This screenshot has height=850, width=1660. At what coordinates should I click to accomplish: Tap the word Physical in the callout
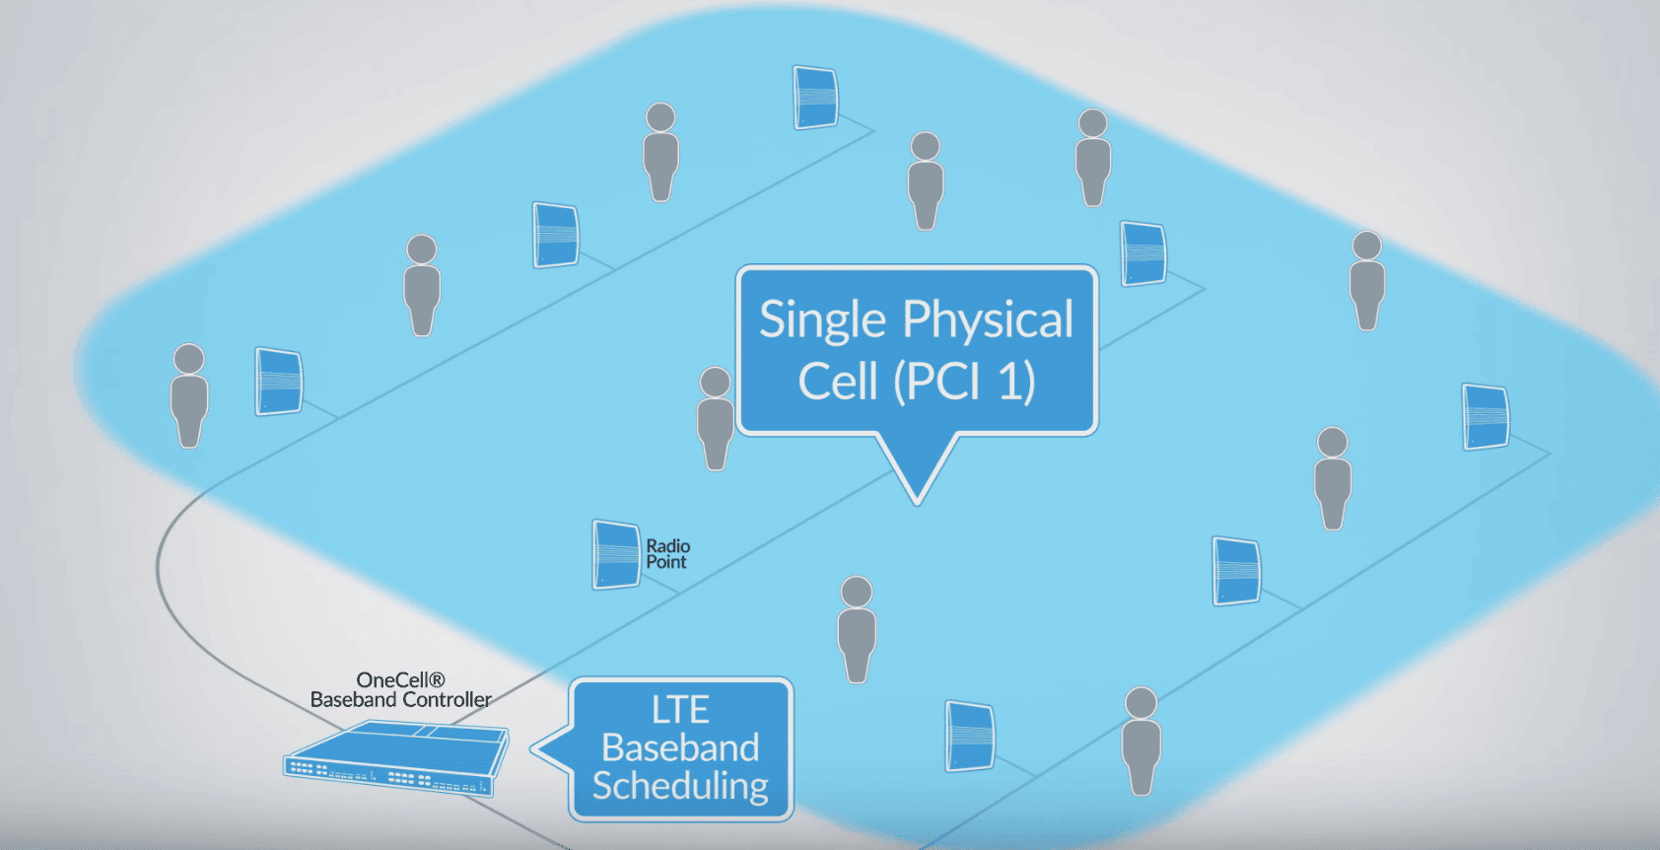[x=988, y=320]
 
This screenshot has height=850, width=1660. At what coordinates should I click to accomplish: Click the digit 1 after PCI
[x=1012, y=381]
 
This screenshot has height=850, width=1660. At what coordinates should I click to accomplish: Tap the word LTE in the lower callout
[x=680, y=709]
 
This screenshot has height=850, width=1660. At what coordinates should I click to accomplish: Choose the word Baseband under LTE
[x=680, y=747]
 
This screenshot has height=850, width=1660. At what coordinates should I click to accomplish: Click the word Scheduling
[x=680, y=786]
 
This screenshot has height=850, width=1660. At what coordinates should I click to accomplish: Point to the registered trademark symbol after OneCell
[x=438, y=678]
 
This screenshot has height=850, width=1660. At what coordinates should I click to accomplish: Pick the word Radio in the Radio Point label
[x=667, y=546]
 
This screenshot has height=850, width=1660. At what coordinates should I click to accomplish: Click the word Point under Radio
[x=666, y=562]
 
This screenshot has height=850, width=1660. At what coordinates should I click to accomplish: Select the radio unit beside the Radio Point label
[x=616, y=555]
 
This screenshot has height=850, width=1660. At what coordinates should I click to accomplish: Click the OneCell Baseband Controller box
[x=396, y=757]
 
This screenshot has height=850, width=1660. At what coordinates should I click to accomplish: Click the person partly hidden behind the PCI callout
[x=715, y=419]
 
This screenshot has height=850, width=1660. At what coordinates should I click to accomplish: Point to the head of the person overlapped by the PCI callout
[x=715, y=382]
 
